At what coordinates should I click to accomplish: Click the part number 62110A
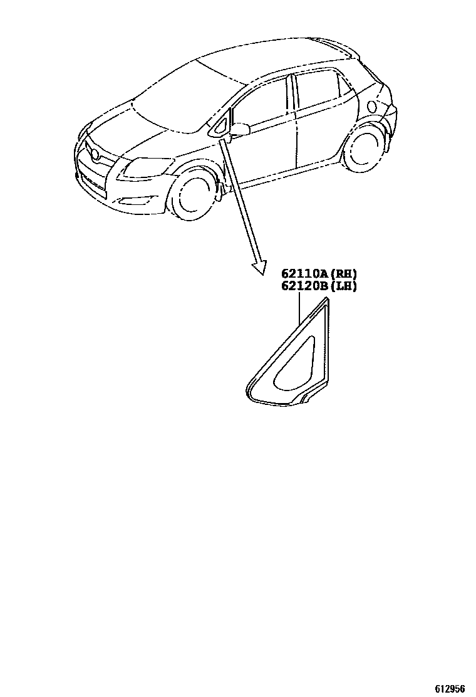tap(305, 274)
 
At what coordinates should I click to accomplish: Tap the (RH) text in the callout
tap(346, 274)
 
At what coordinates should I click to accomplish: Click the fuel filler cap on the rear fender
tap(375, 105)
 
